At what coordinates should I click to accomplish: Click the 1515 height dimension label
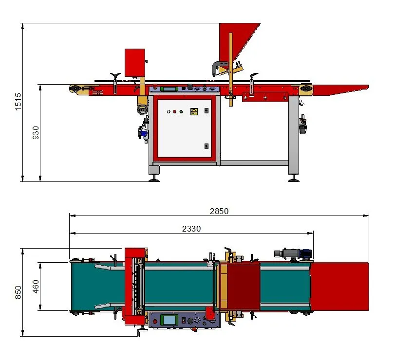tap(18, 102)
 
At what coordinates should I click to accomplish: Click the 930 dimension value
tap(36, 133)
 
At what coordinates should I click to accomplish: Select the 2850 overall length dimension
tap(219, 211)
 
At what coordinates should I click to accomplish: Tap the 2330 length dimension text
tap(191, 229)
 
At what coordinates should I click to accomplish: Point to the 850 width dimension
tap(18, 292)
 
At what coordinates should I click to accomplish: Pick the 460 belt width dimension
tap(36, 286)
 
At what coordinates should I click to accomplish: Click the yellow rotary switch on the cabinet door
tap(194, 111)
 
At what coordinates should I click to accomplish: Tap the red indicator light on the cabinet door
tap(175, 112)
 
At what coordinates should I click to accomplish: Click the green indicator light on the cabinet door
tap(181, 112)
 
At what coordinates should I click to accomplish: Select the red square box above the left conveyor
tap(135, 63)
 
